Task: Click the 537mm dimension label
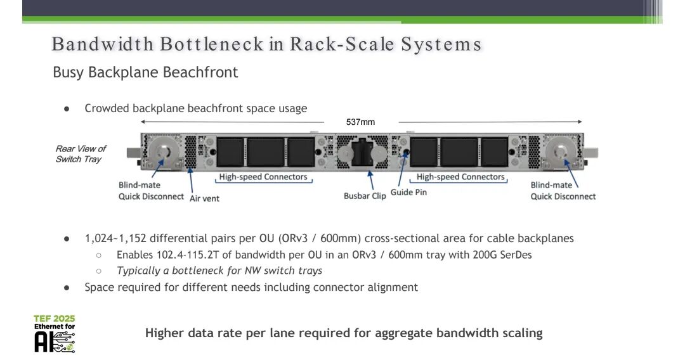[x=360, y=122]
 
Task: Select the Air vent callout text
[x=204, y=198]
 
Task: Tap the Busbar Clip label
[x=365, y=196]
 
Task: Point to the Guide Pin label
[x=408, y=192]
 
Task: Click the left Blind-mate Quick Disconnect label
[x=151, y=191]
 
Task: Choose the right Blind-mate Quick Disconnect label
[x=563, y=191]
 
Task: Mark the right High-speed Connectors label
[x=460, y=177]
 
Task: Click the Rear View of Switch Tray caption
[x=81, y=154]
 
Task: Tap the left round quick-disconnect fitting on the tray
[x=163, y=152]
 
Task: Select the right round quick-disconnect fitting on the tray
[x=562, y=152]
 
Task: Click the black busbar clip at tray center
[x=361, y=152]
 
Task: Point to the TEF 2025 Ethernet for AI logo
[x=55, y=333]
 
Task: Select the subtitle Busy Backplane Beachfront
[x=145, y=72]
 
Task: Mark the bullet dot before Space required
[x=67, y=287]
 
